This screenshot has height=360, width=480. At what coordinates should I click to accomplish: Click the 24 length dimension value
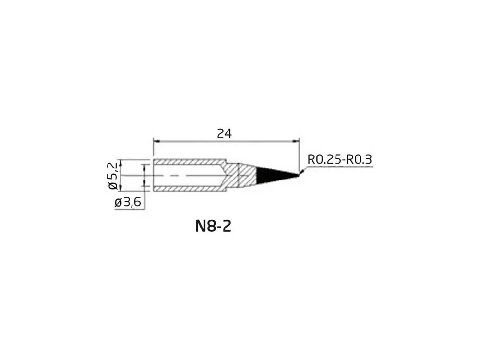click(x=224, y=134)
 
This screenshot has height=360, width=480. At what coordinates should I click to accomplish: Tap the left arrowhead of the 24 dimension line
click(x=156, y=141)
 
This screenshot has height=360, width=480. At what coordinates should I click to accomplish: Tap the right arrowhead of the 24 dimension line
click(x=296, y=141)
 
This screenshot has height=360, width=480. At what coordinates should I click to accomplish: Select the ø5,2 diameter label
click(x=113, y=176)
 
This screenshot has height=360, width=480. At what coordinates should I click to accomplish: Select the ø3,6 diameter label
click(x=128, y=203)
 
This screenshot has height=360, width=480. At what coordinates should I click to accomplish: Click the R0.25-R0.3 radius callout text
click(x=339, y=159)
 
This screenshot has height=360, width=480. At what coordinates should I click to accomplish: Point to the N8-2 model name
click(x=214, y=227)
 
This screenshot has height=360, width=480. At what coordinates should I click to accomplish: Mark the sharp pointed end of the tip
click(x=299, y=175)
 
